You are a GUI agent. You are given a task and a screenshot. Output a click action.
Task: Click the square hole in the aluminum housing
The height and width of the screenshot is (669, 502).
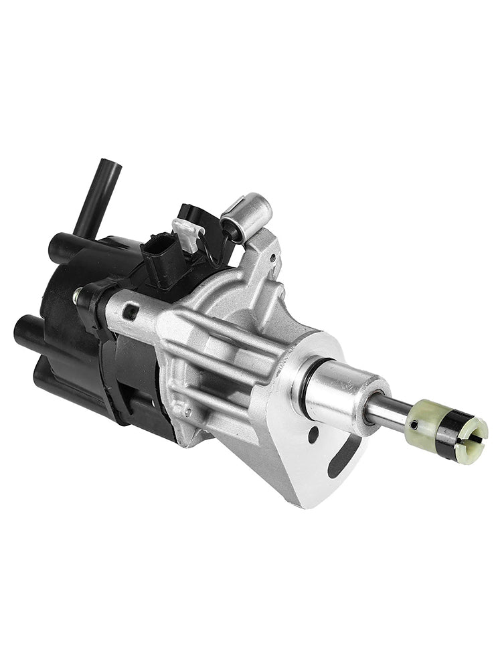pyautogui.click(x=133, y=311)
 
